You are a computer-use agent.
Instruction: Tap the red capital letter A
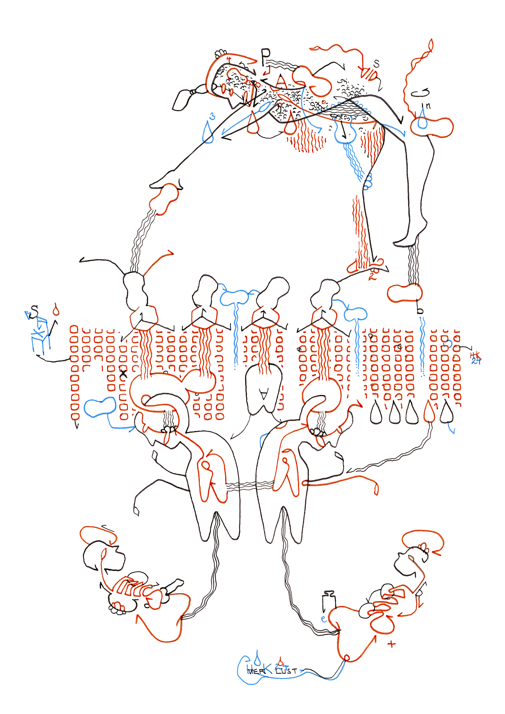tap(281, 82)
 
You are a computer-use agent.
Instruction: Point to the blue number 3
tap(212, 116)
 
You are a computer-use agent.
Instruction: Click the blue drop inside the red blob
tap(423, 120)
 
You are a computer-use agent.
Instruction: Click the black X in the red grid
tap(123, 374)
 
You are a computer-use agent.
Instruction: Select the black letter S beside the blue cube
tap(34, 311)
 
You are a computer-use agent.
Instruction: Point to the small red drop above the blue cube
tap(56, 310)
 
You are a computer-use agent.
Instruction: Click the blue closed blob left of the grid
tap(100, 407)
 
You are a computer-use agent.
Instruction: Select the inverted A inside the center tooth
tap(264, 394)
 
